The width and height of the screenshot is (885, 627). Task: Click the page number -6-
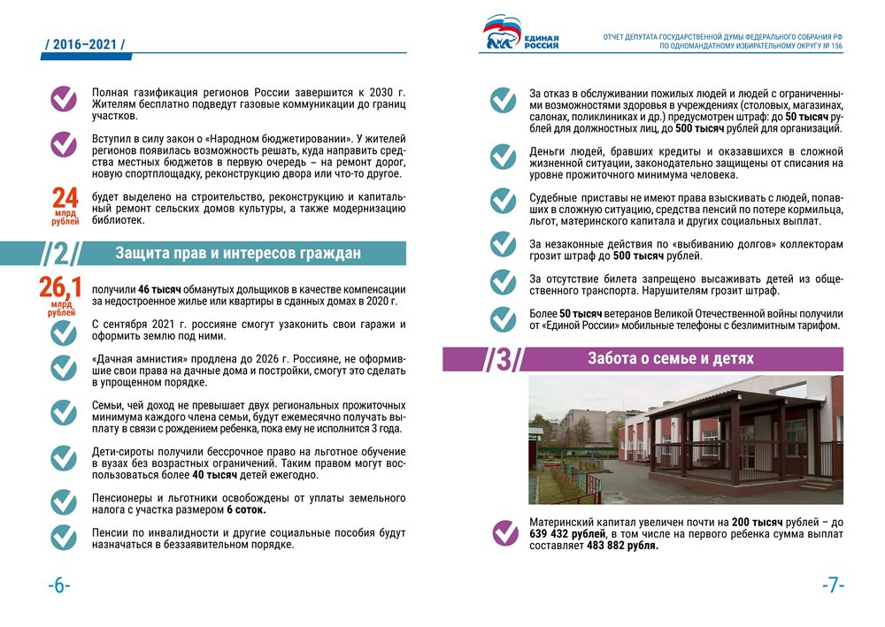(x=58, y=585)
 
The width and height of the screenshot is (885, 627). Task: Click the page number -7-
(x=833, y=585)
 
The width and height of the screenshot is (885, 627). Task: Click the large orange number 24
(x=65, y=197)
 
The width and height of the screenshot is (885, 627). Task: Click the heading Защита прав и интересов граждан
(x=238, y=254)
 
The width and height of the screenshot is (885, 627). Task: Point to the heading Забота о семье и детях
(x=670, y=358)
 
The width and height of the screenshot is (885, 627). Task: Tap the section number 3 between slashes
(x=504, y=360)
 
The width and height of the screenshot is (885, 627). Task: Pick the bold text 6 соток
(x=246, y=509)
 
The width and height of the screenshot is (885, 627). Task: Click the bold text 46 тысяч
(x=159, y=289)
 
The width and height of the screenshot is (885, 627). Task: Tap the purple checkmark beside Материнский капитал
(x=504, y=533)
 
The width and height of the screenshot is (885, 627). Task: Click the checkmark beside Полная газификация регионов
(x=63, y=98)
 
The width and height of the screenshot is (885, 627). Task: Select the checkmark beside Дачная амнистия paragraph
(x=63, y=367)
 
